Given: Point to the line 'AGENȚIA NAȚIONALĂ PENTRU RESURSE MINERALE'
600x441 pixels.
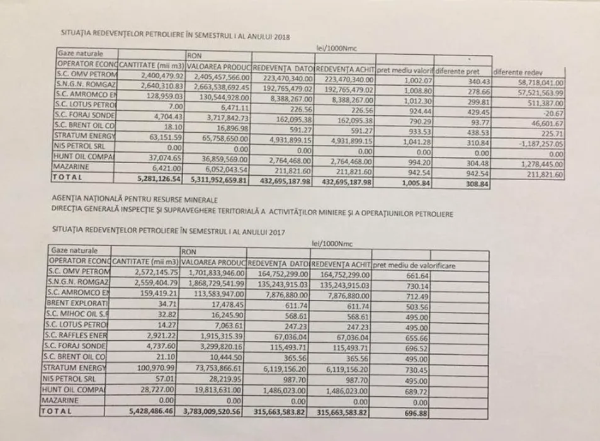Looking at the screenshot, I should (x=126, y=198).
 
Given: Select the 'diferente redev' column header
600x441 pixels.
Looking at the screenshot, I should (x=520, y=72).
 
